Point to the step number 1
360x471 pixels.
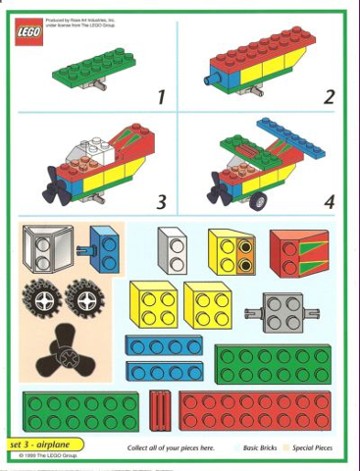pyautogui.click(x=161, y=97)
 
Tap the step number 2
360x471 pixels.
pyautogui.click(x=329, y=96)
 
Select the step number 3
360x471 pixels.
pyautogui.click(x=161, y=202)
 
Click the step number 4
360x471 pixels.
pyautogui.click(x=329, y=202)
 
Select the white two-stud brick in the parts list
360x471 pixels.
pyautogui.click(x=173, y=251)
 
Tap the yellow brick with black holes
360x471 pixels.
pyautogui.click(x=231, y=252)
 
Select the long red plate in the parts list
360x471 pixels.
pyautogui.click(x=255, y=412)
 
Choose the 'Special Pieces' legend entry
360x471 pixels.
pyautogui.click(x=311, y=447)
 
